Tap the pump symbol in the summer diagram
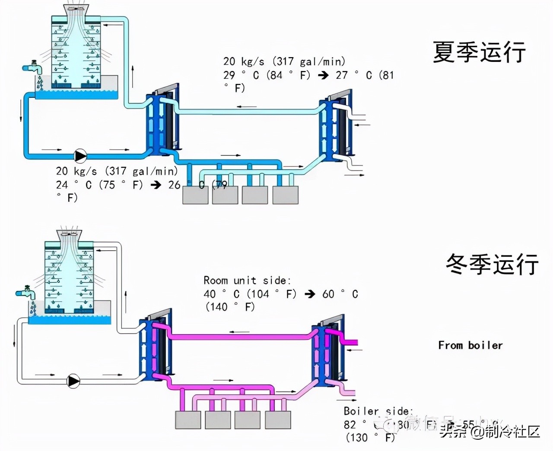[80, 156]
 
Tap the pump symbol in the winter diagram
[73, 381]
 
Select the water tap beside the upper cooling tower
[32, 67]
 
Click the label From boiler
[470, 345]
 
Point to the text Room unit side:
[247, 280]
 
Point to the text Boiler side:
[378, 411]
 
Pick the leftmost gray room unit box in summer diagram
[195, 195]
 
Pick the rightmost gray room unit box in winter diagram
[278, 420]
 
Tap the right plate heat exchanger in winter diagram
[326, 351]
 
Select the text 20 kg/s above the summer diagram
[243, 61]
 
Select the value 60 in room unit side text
[328, 294]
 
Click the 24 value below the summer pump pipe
[61, 185]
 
